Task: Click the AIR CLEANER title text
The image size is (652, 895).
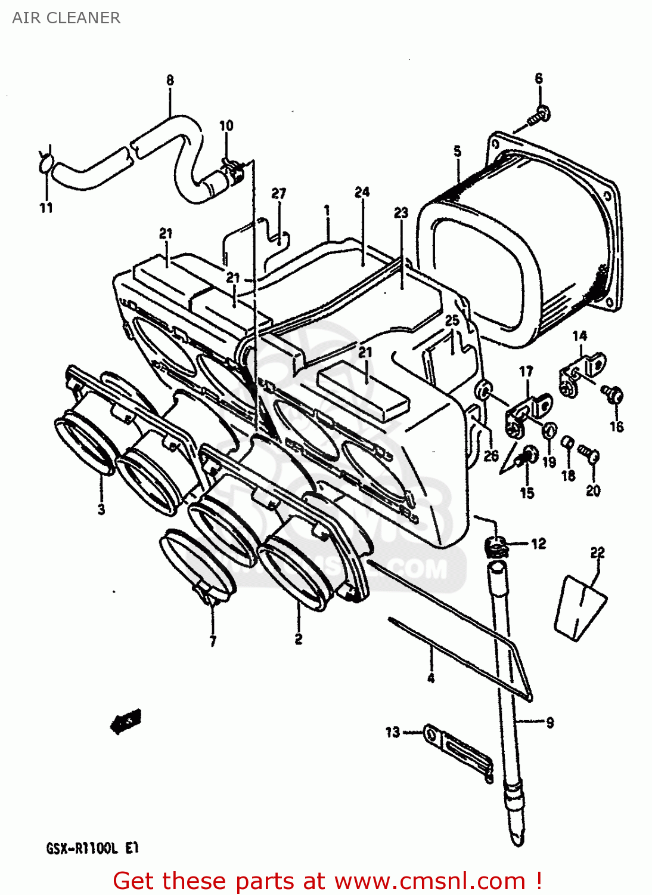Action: (66, 18)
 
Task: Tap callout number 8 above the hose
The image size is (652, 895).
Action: (170, 80)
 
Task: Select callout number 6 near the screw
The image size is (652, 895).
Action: (539, 78)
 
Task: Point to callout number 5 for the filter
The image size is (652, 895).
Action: (457, 151)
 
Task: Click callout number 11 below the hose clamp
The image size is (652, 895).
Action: (46, 208)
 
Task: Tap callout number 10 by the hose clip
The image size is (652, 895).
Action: (226, 125)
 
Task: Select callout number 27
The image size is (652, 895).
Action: (279, 193)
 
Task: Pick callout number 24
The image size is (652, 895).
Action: (362, 192)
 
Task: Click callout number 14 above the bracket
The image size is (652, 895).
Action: (579, 336)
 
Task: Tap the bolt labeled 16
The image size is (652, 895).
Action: (611, 394)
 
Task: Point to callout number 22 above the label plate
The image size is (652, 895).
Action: (597, 553)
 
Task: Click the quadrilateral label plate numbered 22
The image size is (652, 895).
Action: (579, 607)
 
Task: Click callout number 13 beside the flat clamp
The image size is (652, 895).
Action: (392, 732)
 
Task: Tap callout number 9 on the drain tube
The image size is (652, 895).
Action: (549, 723)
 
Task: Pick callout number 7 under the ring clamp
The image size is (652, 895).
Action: (213, 641)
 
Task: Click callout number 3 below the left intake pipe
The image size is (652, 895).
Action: (101, 509)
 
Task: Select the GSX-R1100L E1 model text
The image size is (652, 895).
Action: (92, 848)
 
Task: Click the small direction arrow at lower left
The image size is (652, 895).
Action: (126, 722)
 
